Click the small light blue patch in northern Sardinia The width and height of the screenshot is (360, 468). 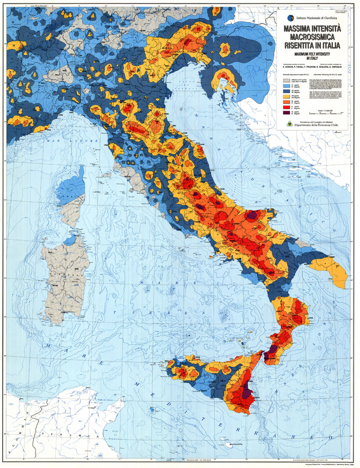pos(69,241)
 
